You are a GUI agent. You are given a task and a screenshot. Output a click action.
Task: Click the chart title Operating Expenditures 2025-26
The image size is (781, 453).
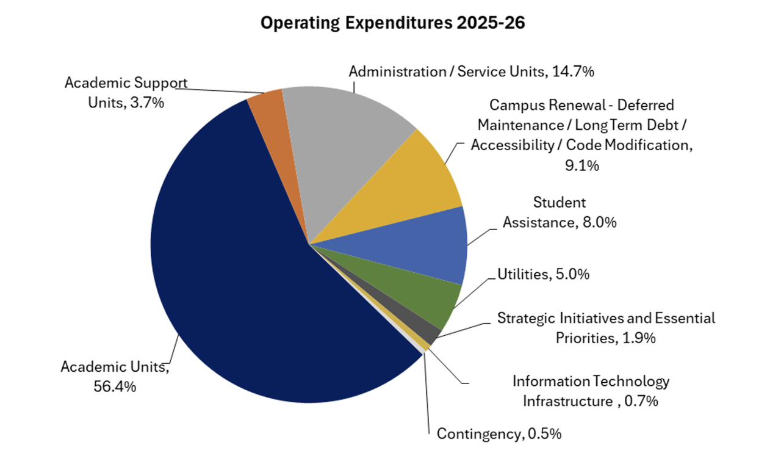point(393,23)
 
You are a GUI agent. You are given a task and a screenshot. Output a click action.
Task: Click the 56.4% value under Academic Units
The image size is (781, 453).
point(115,386)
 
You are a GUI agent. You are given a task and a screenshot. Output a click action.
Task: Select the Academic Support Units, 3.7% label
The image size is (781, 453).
point(126,92)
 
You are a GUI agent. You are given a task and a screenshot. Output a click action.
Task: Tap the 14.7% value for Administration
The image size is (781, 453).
point(573,71)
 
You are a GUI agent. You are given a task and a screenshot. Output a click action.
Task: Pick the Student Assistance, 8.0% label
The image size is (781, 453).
point(560,212)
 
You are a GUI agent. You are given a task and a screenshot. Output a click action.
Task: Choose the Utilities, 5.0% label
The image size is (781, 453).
point(544,274)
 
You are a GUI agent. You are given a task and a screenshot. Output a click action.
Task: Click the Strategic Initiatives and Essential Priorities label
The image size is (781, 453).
point(606,327)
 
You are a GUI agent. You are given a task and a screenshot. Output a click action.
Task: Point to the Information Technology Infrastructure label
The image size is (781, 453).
point(591,391)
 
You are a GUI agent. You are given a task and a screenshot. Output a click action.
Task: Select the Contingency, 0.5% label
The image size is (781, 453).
point(499,434)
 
